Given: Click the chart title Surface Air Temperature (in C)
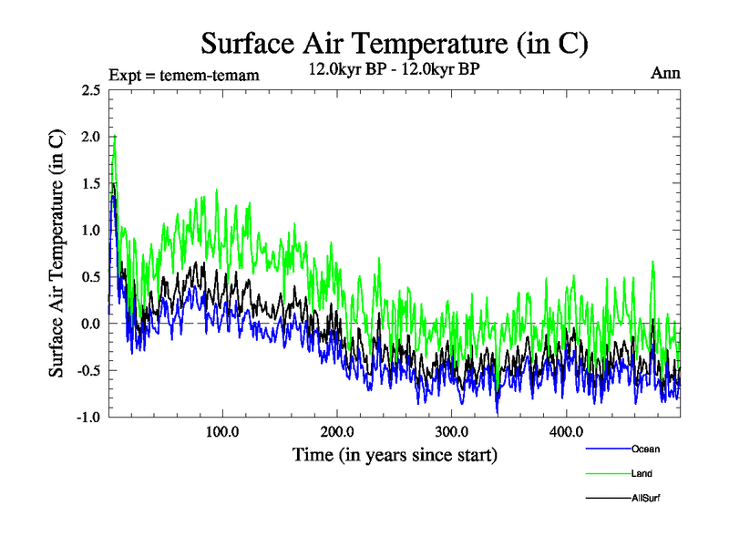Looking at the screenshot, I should pyautogui.click(x=394, y=44).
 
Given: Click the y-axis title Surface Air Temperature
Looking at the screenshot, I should pyautogui.click(x=56, y=253).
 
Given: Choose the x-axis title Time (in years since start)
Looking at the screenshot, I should pyautogui.click(x=395, y=453).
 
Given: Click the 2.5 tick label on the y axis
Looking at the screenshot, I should pyautogui.click(x=90, y=90).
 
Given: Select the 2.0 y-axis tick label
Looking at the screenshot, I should pyautogui.click(x=90, y=137).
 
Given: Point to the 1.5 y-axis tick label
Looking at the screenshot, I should pyautogui.click(x=90, y=184).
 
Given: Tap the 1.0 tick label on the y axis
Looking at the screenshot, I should pyautogui.click(x=90, y=231).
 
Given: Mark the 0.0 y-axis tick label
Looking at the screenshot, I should pyautogui.click(x=90, y=324).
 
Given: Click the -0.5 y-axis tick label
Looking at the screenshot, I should pyautogui.click(x=88, y=371).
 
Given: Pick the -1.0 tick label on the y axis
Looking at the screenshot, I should pyautogui.click(x=88, y=418).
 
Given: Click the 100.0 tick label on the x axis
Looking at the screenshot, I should pyautogui.click(x=222, y=432).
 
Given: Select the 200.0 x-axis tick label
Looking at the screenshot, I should pyautogui.click(x=337, y=432).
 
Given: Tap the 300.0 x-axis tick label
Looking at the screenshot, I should pyautogui.click(x=452, y=432).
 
